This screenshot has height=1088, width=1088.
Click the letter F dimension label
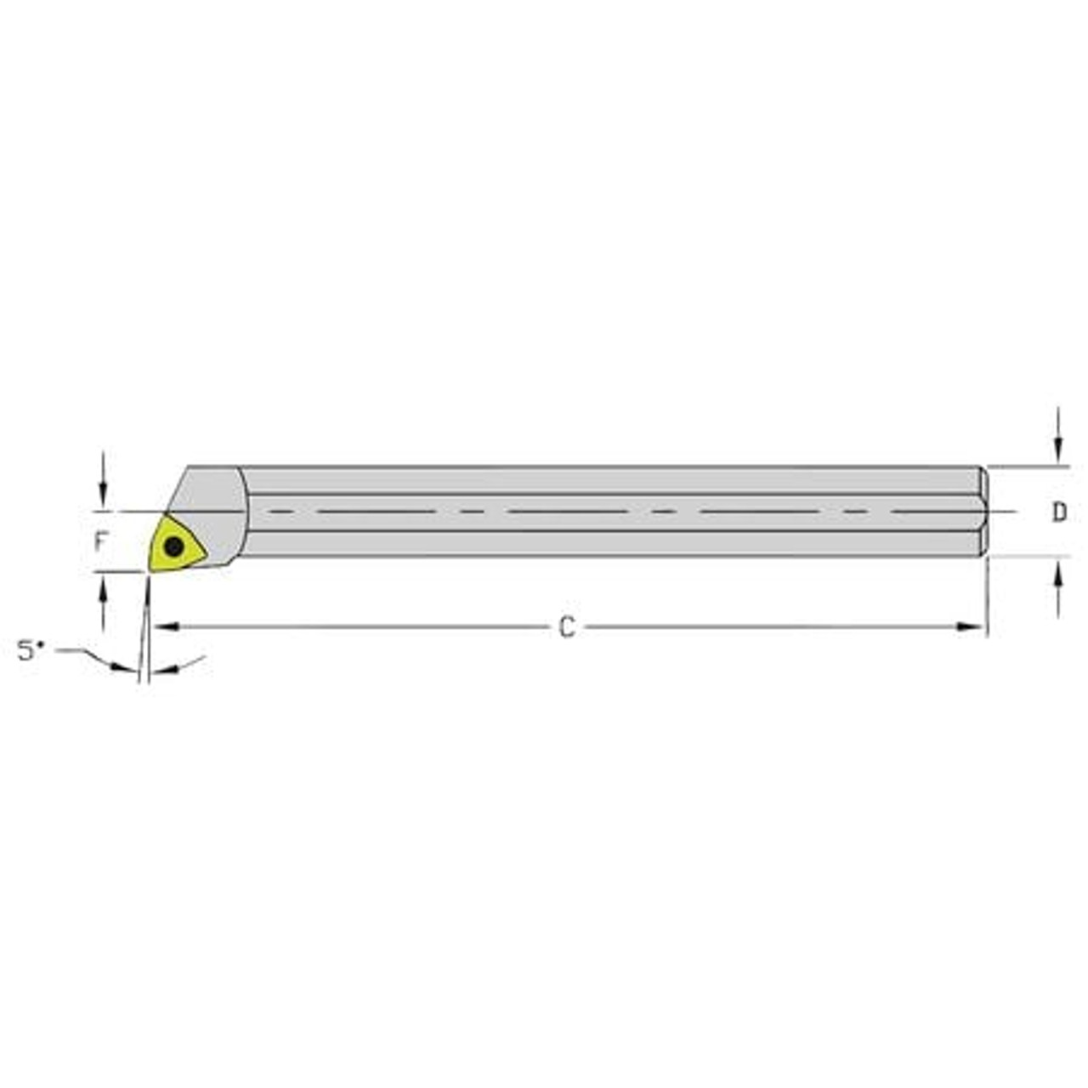(101, 541)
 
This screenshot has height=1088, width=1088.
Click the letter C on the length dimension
(567, 627)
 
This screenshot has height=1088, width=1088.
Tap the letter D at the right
(1059, 513)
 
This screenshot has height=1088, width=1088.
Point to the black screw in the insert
(174, 547)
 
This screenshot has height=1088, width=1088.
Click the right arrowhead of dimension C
(971, 627)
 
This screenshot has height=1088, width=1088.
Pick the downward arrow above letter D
(1059, 447)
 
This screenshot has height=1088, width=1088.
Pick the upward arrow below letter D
(1059, 578)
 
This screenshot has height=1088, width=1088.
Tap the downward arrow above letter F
(103, 494)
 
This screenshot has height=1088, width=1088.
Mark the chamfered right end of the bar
(984, 513)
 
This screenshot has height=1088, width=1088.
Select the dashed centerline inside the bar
(595, 512)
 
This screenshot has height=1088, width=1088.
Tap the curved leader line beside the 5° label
(85, 654)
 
